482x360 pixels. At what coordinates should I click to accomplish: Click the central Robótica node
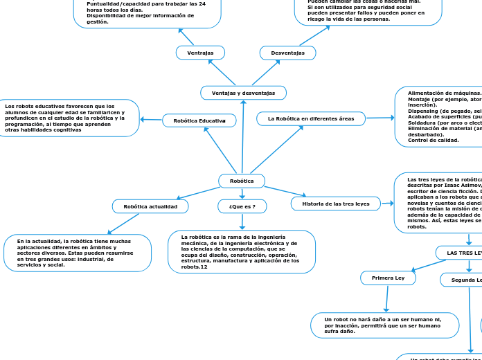coord(242,181)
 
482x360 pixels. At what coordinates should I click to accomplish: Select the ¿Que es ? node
coord(242,206)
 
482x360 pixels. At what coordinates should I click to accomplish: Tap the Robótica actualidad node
coord(150,206)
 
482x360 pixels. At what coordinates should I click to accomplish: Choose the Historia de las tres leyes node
coord(336,204)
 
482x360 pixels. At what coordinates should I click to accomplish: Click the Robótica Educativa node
coord(199,120)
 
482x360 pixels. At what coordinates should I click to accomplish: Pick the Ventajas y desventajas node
coord(243,93)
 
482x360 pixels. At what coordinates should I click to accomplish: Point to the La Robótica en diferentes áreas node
coord(311,118)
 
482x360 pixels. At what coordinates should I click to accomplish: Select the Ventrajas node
coord(200,53)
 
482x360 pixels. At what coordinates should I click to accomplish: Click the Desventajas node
coord(287,53)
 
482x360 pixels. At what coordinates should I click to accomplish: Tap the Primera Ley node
coord(388,278)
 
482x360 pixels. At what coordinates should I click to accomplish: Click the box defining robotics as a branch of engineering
coord(242,251)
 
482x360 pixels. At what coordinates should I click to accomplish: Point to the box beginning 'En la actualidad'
coord(77,253)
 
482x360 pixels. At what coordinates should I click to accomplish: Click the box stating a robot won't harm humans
coord(384,325)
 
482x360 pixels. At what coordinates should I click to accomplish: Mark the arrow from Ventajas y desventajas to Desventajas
coord(266,72)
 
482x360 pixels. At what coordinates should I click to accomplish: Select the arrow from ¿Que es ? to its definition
coord(242,222)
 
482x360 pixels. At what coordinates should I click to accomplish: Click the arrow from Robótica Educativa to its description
coord(151,120)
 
